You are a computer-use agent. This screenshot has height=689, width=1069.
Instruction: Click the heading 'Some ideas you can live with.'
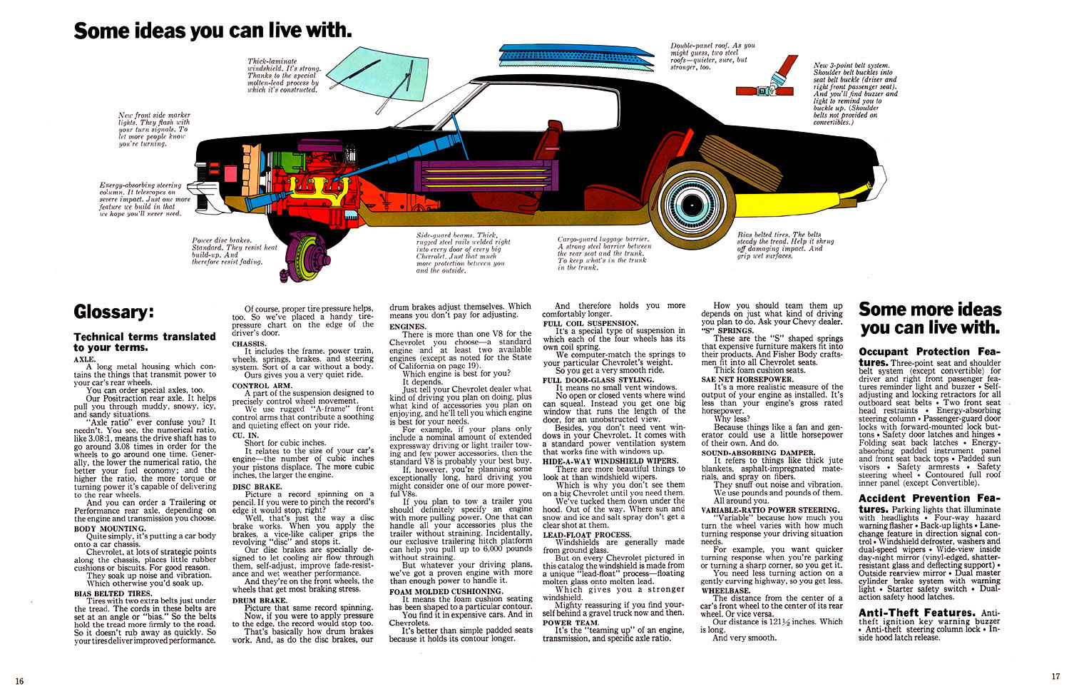pyautogui.click(x=213, y=31)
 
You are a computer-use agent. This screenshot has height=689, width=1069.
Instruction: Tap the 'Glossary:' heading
pyautogui.click(x=113, y=312)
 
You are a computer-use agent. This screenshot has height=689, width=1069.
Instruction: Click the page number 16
pyautogui.click(x=19, y=680)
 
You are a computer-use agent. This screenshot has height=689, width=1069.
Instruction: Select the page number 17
pyautogui.click(x=1055, y=677)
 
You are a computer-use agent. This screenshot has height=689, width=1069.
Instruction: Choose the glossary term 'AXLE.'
pyautogui.click(x=83, y=359)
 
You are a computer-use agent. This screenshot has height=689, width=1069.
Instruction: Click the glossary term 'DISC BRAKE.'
pyautogui.click(x=257, y=486)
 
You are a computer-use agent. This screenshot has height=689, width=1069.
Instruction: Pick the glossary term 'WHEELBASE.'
pyautogui.click(x=725, y=591)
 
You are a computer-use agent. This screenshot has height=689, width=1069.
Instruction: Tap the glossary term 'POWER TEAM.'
pyautogui.click(x=571, y=622)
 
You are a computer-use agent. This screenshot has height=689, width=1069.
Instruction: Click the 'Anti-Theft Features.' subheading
pyautogui.click(x=916, y=613)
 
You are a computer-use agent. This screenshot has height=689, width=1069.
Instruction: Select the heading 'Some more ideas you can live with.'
pyautogui.click(x=930, y=318)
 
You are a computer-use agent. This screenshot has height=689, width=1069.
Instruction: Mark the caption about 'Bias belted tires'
pyautogui.click(x=784, y=245)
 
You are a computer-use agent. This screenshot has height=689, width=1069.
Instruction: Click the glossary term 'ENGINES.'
pyautogui.click(x=407, y=326)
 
